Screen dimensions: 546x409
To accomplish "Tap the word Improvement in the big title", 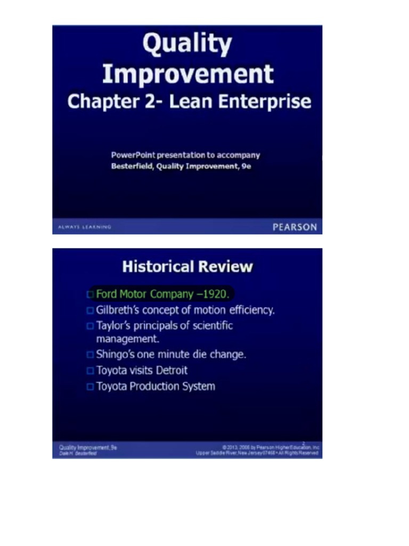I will click(x=187, y=74).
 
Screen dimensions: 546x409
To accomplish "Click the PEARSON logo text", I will click(x=295, y=227).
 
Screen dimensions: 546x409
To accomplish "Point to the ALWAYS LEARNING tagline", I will click(x=85, y=227).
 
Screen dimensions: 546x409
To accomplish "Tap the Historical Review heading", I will click(x=187, y=267).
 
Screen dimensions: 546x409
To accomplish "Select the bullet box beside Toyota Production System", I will click(x=89, y=387).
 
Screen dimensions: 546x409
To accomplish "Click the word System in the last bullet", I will click(x=199, y=386).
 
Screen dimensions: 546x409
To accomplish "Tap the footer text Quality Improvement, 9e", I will click(x=88, y=447).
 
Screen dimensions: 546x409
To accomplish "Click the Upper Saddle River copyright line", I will click(x=257, y=453).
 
